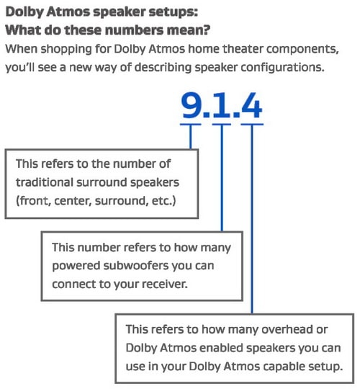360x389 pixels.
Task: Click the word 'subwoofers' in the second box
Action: click(132, 265)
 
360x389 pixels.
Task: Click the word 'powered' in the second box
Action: click(73, 265)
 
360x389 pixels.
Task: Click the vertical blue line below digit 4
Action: click(251, 216)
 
